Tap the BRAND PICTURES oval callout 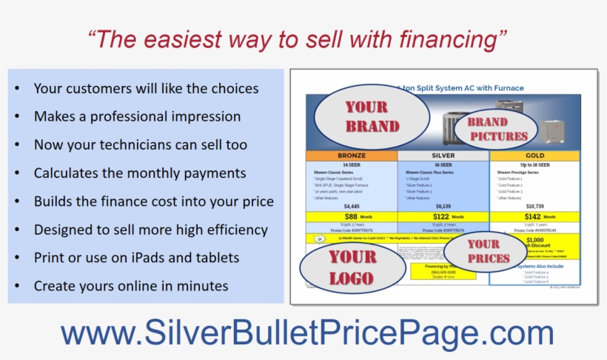pos(497,130)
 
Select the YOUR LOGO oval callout pos(352,267)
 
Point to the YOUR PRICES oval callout pos(489,251)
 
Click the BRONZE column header pos(352,156)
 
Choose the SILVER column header pos(443,156)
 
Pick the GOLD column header pos(534,156)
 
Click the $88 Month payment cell pos(352,217)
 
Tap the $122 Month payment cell pos(443,217)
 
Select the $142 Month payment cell pos(534,217)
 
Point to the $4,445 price pos(352,206)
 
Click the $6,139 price pos(443,206)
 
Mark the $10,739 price pos(534,206)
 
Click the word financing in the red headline pos(443,39)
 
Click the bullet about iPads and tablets pos(136,258)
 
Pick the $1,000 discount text pos(534,240)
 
